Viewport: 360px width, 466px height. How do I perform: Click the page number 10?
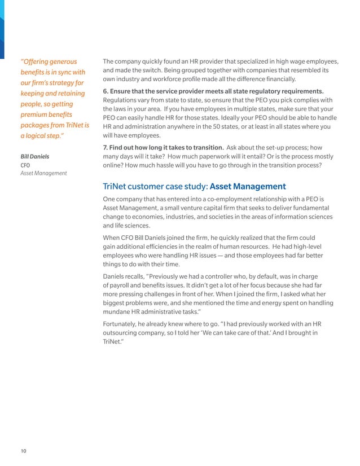point(23,450)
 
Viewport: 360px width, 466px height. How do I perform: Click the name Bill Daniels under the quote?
point(34,156)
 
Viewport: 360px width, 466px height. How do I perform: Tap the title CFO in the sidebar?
point(26,165)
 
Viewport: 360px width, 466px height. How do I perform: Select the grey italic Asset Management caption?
point(43,173)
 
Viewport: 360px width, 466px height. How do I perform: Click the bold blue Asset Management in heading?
point(248,186)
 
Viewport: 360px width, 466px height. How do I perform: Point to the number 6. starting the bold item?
point(106,91)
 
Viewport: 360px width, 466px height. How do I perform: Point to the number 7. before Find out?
point(106,147)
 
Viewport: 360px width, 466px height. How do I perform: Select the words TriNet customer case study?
point(155,186)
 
